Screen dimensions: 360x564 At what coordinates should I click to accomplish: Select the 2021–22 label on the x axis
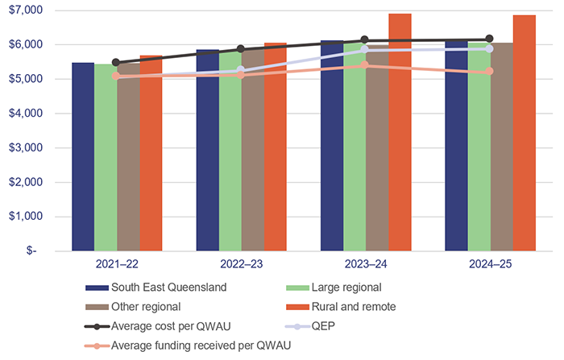point(116,264)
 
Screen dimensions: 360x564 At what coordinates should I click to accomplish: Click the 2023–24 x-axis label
point(365,264)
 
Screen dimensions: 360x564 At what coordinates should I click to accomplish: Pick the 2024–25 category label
point(490,264)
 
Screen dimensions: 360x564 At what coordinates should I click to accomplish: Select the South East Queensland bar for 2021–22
point(83,156)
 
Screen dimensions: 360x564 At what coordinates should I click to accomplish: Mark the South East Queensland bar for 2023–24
point(332,145)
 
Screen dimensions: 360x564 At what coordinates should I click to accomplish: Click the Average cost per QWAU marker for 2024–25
point(489,39)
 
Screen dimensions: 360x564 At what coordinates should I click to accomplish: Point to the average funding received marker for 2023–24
point(365,64)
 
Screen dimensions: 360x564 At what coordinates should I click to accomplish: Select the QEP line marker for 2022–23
point(240,70)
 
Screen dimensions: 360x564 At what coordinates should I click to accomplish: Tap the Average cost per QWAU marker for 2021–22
point(116,62)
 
